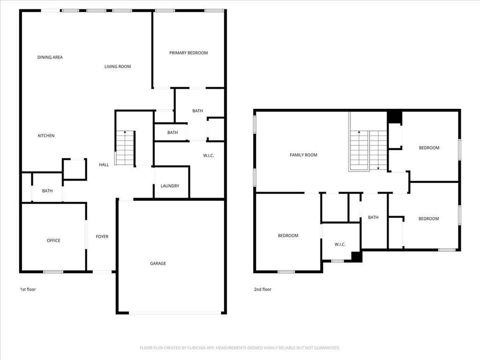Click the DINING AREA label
50,57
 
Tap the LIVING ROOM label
118,67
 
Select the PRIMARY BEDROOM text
188,53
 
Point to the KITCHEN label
46,135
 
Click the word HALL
104,165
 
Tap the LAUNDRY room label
170,186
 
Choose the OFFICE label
53,240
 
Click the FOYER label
102,237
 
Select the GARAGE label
158,263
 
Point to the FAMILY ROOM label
303,155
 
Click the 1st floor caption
28,289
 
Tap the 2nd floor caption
262,289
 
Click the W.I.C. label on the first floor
209,156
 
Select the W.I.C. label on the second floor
340,244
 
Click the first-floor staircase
125,148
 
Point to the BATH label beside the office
47,191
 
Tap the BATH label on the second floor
373,217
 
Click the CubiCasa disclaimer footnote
240,348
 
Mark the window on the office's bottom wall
53,272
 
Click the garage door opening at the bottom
175,313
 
